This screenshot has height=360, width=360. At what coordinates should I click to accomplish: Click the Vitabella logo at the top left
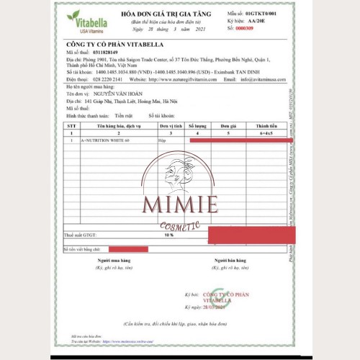(86, 19)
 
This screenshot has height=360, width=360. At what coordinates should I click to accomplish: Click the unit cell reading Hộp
(163, 140)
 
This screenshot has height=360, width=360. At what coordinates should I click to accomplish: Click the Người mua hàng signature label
(114, 261)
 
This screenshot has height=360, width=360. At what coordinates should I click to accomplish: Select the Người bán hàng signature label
(229, 261)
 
